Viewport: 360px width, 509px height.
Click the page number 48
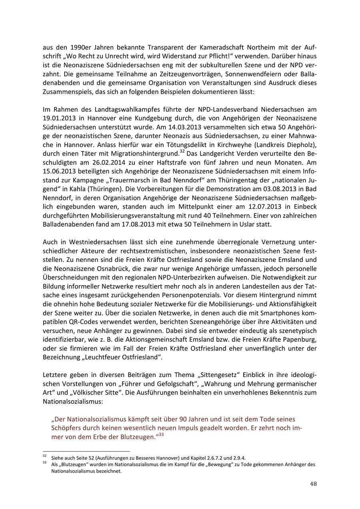[313, 484]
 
